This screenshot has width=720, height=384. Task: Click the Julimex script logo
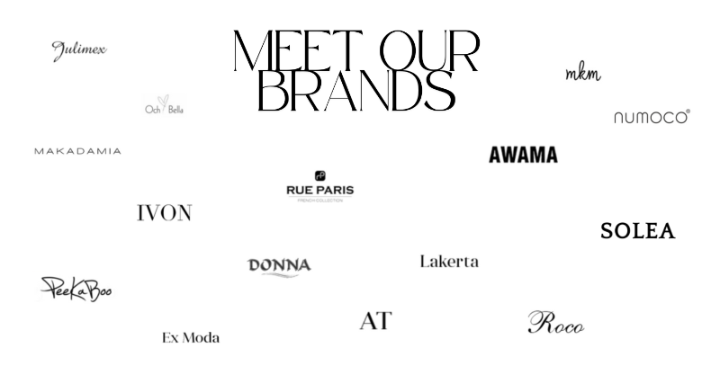click(77, 50)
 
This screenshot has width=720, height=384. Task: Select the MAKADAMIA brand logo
click(77, 150)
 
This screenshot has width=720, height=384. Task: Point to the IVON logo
click(164, 213)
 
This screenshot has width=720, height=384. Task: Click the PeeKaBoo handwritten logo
click(76, 290)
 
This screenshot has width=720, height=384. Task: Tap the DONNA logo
click(279, 267)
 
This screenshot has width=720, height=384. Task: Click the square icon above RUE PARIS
click(321, 176)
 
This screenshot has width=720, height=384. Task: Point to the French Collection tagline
click(321, 201)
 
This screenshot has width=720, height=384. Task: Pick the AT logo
click(375, 321)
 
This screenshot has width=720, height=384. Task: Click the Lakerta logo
click(449, 261)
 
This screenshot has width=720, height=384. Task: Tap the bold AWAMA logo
click(524, 156)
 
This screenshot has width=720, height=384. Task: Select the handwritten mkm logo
click(583, 72)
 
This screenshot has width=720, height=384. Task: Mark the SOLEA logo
click(637, 231)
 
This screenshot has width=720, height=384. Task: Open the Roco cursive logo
click(554, 322)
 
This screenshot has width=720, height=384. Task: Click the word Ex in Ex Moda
click(171, 338)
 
